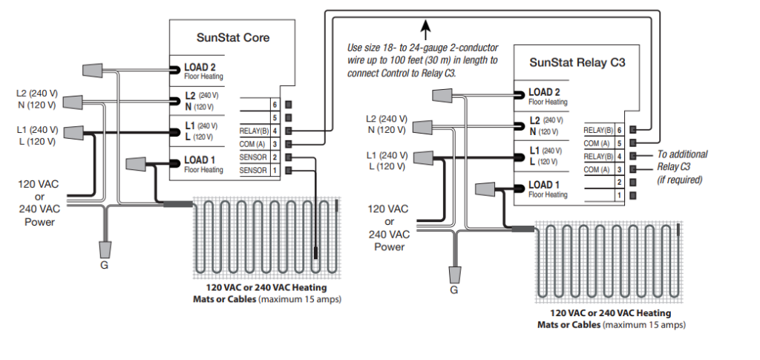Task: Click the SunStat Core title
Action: point(232,37)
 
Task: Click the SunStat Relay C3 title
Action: point(577,63)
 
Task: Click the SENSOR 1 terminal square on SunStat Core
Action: point(289,171)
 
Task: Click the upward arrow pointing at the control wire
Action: point(426,30)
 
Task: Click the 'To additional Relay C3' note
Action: point(682,167)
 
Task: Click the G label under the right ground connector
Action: point(453,290)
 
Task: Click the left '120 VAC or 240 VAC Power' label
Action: point(40,202)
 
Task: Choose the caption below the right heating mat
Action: point(612,319)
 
